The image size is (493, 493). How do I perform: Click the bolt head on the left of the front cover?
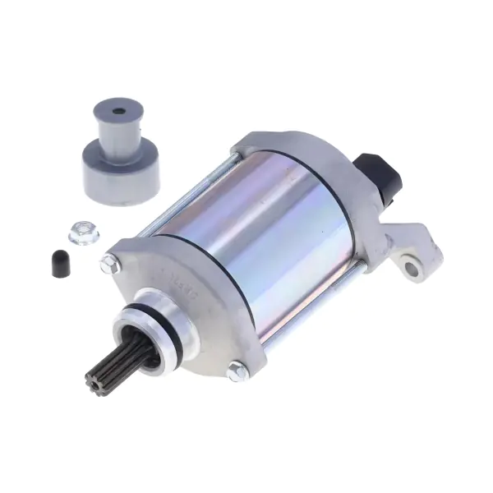(108, 265)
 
